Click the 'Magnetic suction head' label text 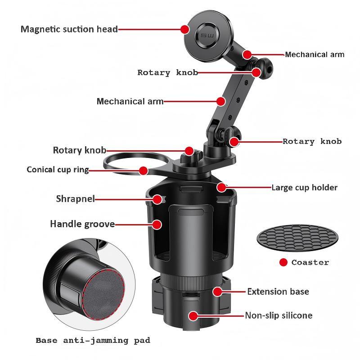[69, 29]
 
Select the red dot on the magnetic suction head [185, 29]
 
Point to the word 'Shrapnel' [75, 198]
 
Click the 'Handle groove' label [82, 224]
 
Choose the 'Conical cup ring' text [57, 170]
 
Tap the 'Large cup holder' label [304, 187]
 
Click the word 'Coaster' [310, 262]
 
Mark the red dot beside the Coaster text [283, 262]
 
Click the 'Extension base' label [278, 292]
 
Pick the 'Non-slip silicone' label [279, 315]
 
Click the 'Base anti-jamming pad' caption [93, 341]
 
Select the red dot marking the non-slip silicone [193, 315]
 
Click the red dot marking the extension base [218, 292]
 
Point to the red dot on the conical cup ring [143, 171]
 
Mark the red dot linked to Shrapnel [157, 199]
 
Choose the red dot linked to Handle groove [157, 224]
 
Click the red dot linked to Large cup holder [221, 187]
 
